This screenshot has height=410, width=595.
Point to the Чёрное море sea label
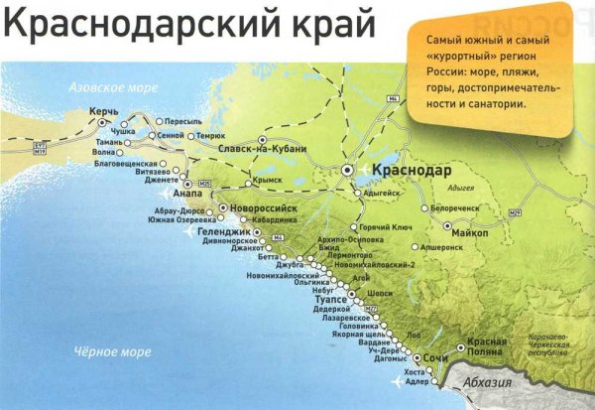coord(109,349)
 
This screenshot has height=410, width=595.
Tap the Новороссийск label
coord(265,208)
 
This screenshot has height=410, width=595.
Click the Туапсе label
coord(329,298)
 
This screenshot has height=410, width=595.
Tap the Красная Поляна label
coord(488,348)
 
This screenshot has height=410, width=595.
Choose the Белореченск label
coord(464,209)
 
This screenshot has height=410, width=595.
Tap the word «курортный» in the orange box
coord(455,56)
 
